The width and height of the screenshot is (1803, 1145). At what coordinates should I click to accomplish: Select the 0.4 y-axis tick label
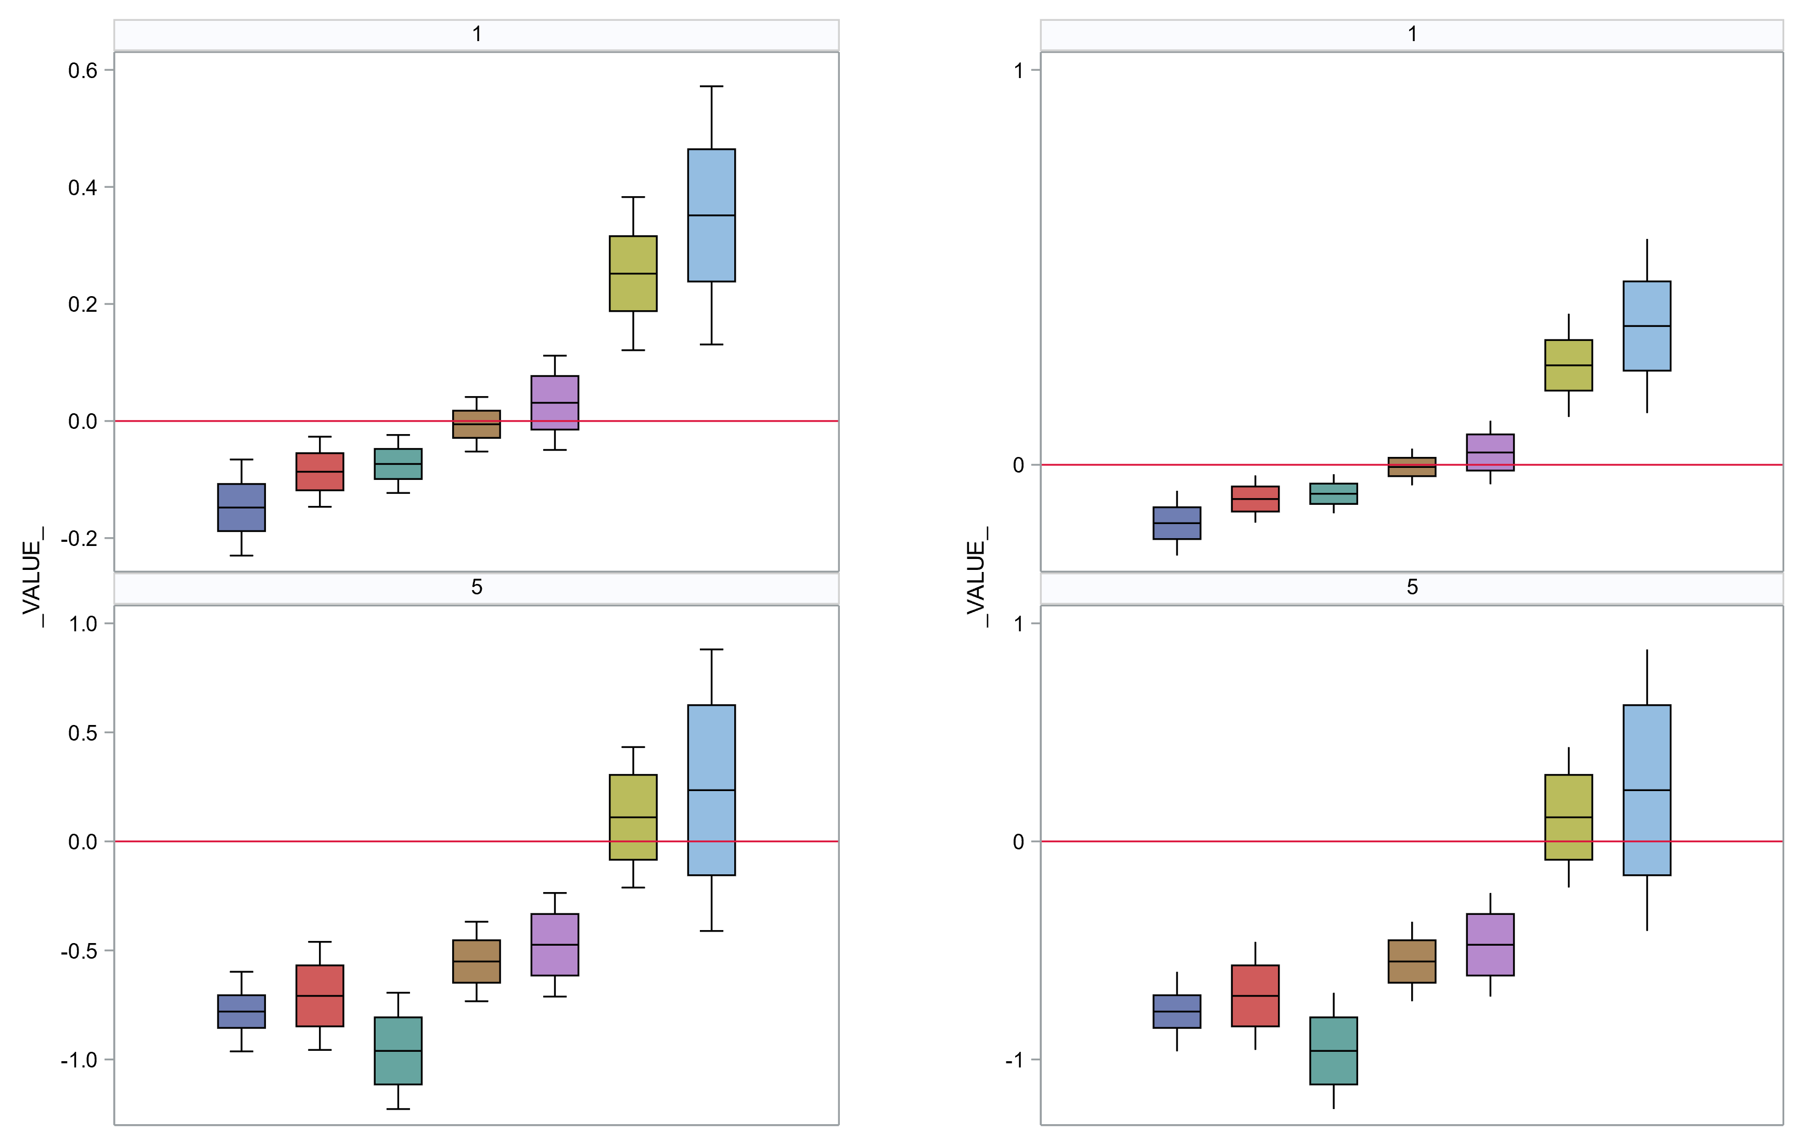coord(82,187)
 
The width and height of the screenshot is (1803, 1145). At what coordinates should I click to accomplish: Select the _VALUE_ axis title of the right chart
coord(976,577)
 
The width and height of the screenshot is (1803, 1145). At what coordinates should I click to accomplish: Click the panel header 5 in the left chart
coord(476,587)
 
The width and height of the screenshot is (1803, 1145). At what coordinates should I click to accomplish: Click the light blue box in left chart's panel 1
coord(711,215)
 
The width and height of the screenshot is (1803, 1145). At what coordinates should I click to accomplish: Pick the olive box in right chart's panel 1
coord(1569,365)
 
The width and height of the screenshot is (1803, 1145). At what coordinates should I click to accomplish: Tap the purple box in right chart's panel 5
coord(1490,944)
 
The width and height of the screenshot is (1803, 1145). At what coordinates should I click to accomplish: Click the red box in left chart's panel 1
coord(319,471)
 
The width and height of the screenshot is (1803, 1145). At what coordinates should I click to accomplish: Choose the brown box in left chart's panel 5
coord(476,961)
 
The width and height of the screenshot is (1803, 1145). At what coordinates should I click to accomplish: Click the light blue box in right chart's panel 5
coord(1646,790)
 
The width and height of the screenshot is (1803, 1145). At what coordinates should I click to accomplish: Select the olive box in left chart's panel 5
coord(633,817)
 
